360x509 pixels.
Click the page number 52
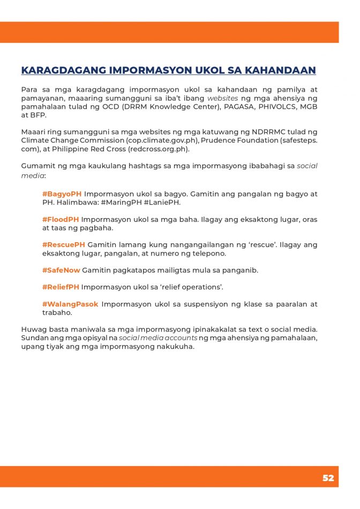328,478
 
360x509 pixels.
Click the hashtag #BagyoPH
62,193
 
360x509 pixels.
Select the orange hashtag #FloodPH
61,219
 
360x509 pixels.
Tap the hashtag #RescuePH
64,245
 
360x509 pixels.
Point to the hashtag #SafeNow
61,270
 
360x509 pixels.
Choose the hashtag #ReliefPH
61,287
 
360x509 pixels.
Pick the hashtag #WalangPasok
70,304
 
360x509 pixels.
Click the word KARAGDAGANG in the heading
63,71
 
